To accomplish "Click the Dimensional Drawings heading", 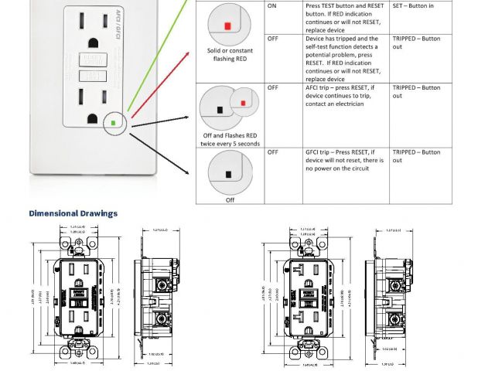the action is [73, 213].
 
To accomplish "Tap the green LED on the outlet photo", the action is [114, 121].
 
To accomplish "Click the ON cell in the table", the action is [272, 6].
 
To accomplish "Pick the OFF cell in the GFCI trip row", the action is [273, 153].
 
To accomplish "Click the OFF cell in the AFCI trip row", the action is [273, 88].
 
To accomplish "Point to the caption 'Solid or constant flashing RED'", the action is [230, 55].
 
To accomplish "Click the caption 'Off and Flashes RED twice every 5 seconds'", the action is [230, 140].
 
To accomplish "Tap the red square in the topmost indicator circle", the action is [227, 26].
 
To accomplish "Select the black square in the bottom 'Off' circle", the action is [229, 172].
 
